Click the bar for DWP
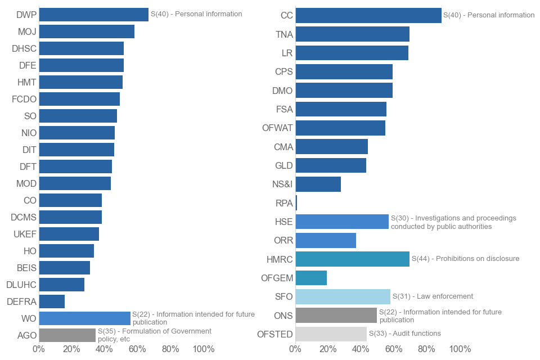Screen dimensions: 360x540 (93, 15)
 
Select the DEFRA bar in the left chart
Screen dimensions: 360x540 (52, 301)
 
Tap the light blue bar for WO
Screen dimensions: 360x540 (84, 318)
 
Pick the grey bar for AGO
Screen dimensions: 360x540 (67, 335)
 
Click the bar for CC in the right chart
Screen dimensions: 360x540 (368, 16)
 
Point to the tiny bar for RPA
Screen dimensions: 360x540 (296, 203)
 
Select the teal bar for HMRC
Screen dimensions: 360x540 (352, 259)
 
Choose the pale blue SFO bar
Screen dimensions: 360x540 (343, 296)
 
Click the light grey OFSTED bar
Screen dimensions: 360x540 (331, 334)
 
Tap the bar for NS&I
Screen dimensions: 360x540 (318, 184)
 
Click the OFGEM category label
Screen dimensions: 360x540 (277, 278)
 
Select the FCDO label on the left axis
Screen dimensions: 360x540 (24, 99)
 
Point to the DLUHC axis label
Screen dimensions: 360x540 (21, 285)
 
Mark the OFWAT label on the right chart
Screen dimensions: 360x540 (277, 128)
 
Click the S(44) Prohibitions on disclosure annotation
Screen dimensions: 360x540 (465, 259)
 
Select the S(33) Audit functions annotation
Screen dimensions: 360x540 (404, 334)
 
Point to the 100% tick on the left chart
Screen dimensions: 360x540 (203, 349)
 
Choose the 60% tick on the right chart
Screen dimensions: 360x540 (394, 349)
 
